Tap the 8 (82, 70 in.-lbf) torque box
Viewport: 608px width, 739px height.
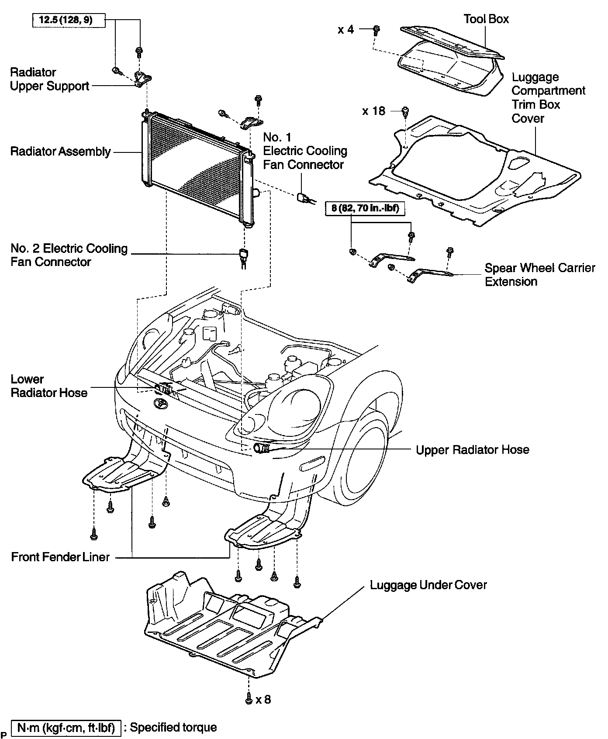pos(365,208)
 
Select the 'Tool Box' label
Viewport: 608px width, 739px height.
pos(486,19)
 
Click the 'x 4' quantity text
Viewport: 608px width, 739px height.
pos(345,29)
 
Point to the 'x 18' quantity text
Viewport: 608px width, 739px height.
pos(374,111)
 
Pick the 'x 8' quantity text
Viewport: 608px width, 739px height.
pos(263,699)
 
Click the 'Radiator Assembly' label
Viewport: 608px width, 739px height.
pos(61,152)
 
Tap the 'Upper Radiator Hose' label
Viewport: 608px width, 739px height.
pos(472,449)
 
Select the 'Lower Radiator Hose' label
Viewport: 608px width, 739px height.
pos(49,386)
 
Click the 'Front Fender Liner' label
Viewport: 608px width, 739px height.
pos(60,557)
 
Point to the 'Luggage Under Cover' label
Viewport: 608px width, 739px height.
pos(428,585)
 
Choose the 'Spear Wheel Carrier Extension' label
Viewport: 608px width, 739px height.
pos(540,274)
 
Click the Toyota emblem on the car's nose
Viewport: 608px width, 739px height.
pos(160,404)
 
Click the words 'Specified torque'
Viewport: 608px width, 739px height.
pos(173,727)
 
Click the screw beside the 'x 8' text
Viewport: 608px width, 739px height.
pos(249,699)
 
